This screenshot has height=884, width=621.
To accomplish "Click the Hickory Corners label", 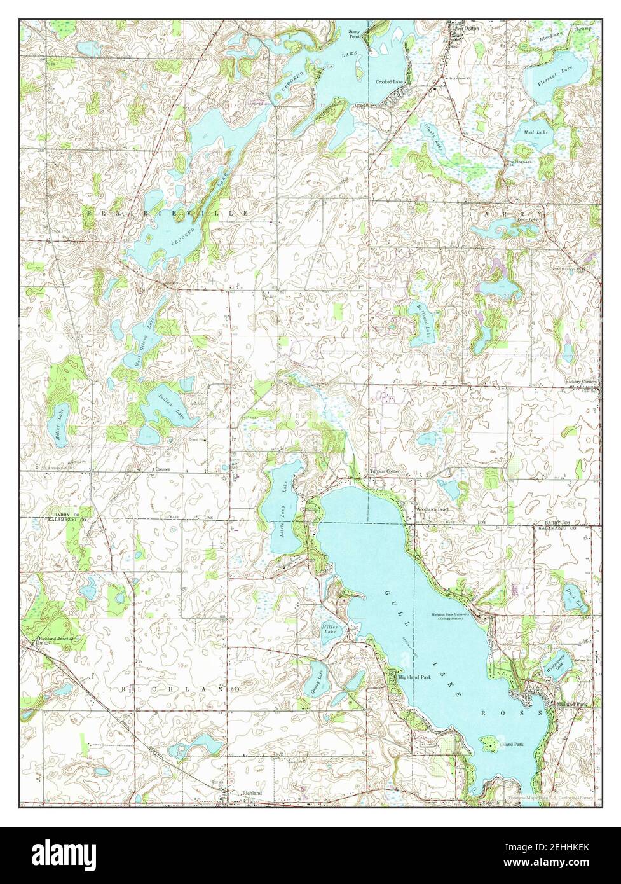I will click(582, 382).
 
